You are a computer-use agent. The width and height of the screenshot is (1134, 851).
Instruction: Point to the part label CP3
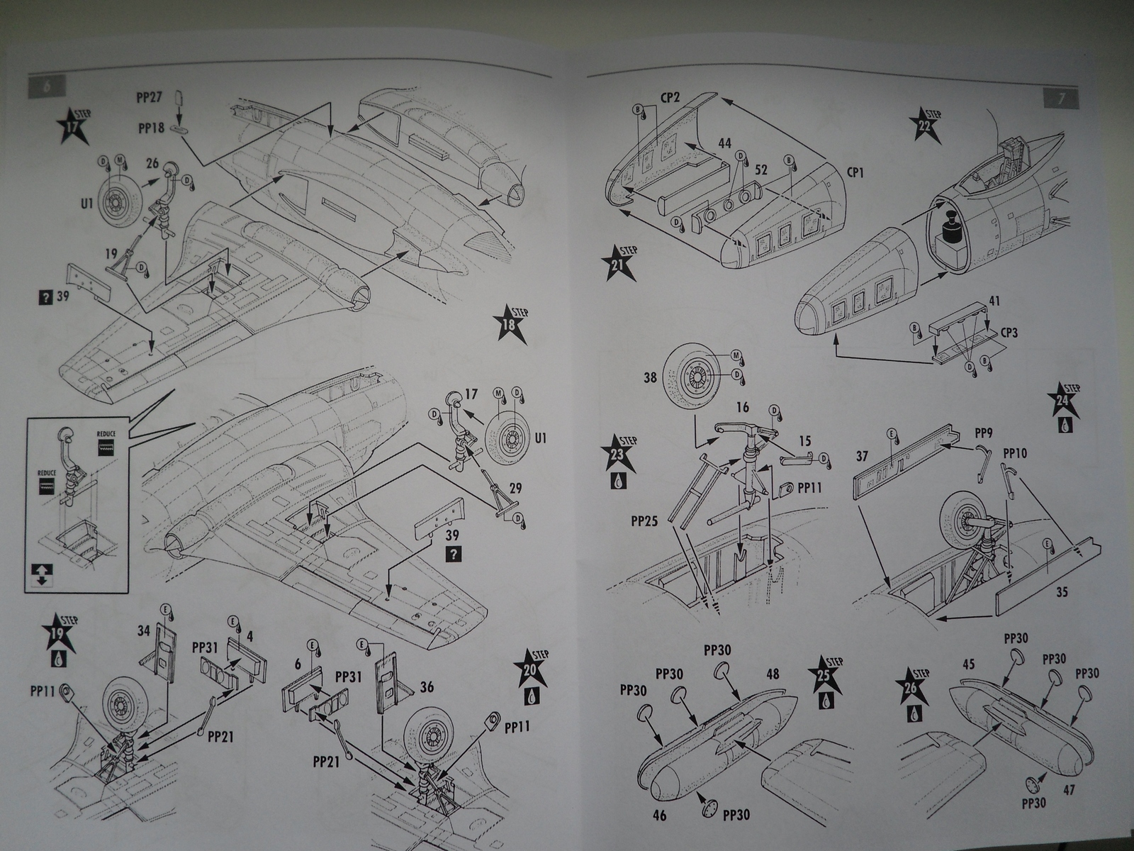coord(1005,331)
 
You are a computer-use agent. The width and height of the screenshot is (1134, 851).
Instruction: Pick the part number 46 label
coord(659,816)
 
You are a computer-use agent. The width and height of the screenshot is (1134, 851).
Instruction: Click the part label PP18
coord(152,128)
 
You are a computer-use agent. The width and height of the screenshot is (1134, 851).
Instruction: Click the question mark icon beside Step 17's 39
coord(46,297)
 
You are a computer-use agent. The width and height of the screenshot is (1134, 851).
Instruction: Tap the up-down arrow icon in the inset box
coord(40,575)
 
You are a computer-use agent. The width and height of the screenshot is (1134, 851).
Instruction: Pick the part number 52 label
coord(762,170)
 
